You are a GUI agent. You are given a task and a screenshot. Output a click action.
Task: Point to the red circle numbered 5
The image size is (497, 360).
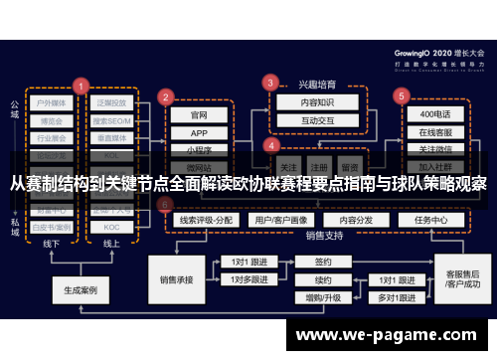tap(402, 96)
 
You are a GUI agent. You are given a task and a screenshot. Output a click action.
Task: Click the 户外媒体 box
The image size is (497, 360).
tap(52, 101)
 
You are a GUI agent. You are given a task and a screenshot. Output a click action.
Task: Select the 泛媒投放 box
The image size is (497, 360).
tap(112, 101)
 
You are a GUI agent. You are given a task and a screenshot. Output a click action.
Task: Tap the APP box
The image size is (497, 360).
tap(199, 132)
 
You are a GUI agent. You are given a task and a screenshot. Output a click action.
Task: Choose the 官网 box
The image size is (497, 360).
tap(199, 114)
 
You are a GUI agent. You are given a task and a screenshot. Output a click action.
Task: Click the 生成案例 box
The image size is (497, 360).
tap(80, 291)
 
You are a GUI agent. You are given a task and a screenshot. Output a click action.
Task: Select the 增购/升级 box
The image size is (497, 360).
tap(322, 297)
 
